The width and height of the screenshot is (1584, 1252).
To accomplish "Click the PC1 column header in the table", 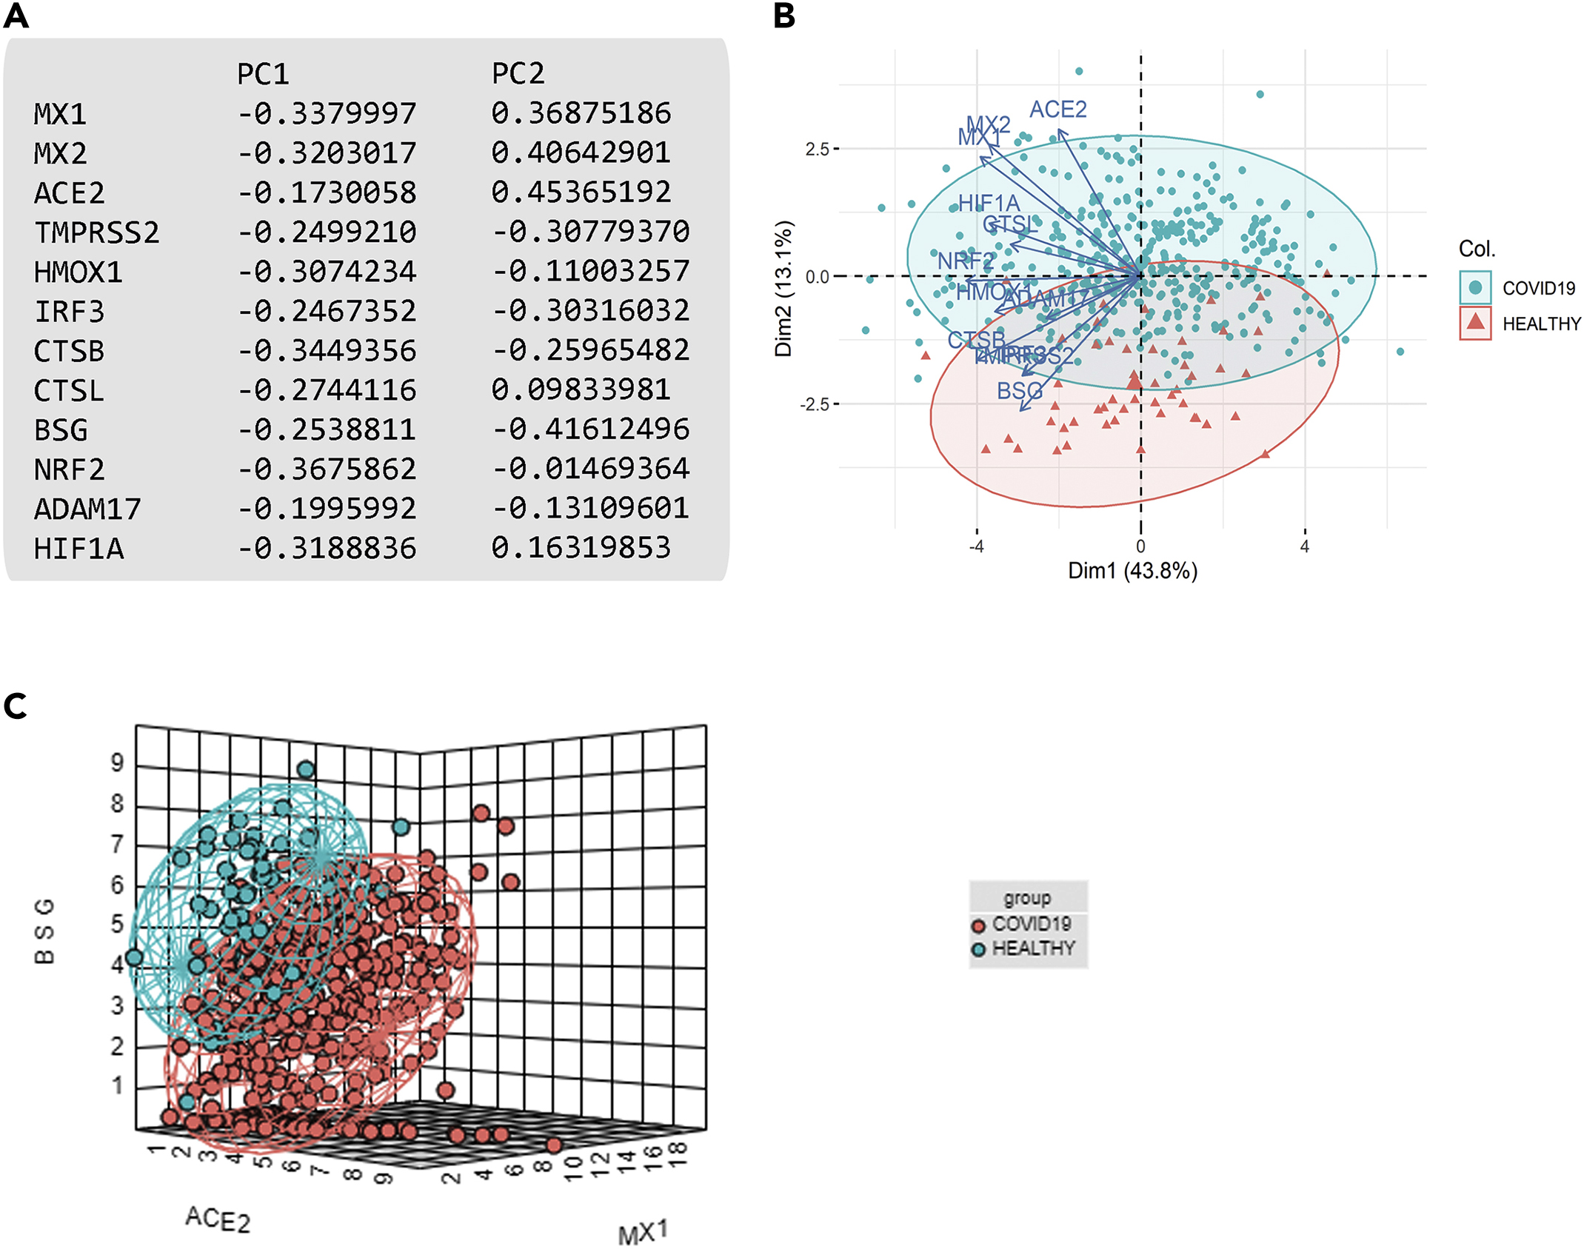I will coord(263,74).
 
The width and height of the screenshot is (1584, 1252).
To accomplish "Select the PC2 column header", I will coord(518,74).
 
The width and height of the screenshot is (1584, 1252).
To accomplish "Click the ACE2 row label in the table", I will coord(70,193).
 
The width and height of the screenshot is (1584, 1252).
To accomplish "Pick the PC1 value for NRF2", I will coord(327,469).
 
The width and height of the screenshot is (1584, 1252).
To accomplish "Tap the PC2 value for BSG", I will coord(591,429).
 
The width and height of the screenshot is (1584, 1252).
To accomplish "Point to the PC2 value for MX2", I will coord(581,153).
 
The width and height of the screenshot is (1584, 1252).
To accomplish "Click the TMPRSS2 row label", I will coord(96,232).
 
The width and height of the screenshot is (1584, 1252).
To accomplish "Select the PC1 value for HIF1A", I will coord(327,549).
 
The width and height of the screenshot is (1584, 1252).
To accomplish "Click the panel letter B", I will coord(784,16).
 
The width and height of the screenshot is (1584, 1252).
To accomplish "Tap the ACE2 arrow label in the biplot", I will coord(1057,110).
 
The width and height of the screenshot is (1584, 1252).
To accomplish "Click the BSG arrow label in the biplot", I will coord(1019,390).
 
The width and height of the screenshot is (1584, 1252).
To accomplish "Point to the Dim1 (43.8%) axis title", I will coord(1132,571).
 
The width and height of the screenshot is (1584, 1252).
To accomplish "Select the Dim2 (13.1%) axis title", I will coord(783,289).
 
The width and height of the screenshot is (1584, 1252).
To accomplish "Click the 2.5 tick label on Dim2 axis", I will coord(817,149).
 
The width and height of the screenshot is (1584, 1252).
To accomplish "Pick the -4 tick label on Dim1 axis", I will coord(976,546).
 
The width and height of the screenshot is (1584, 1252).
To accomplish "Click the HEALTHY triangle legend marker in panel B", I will coord(1474,323).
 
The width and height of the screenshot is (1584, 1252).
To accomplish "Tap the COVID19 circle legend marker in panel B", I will coord(1474,287).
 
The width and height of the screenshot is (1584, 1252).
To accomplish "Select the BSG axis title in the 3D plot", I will coord(44,931).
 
